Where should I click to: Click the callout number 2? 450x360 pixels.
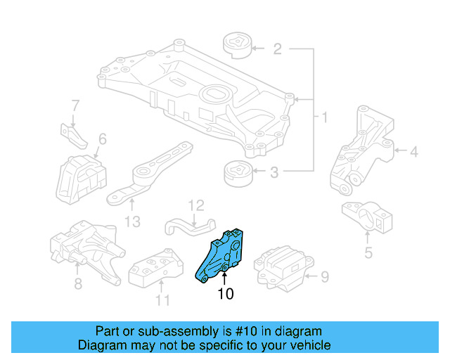click(277, 49)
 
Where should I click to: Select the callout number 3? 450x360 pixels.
click(275, 171)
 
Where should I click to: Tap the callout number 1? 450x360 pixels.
click(324, 115)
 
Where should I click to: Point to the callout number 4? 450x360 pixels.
click(414, 150)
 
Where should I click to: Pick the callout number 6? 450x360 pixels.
click(102, 139)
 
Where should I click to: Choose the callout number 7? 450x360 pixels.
click(75, 107)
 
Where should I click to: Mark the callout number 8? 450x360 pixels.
click(78, 283)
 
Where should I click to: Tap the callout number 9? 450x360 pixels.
click(324, 277)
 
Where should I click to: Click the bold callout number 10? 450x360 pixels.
click(225, 294)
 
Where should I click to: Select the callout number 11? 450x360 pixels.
click(162, 301)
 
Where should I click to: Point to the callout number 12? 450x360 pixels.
click(195, 205)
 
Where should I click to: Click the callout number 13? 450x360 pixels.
click(132, 221)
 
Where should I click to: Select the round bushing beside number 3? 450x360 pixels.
click(238, 173)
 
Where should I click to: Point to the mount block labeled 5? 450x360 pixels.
click(366, 215)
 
